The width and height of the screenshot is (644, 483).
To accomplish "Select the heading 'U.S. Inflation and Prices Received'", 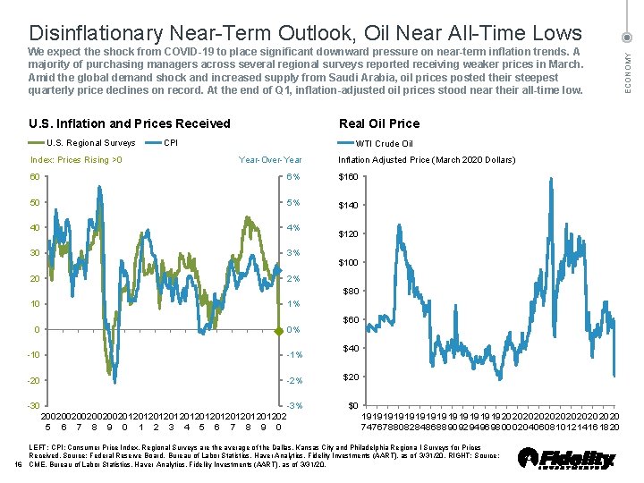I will [130, 123].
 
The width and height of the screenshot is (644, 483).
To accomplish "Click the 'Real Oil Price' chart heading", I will [378, 123].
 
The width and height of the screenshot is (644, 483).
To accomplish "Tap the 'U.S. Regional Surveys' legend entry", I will [89, 143].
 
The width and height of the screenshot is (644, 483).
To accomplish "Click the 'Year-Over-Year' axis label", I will [270, 160].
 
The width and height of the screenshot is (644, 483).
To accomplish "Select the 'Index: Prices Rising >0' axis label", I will [77, 160].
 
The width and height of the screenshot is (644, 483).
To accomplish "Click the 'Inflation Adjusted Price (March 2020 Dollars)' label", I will [426, 160].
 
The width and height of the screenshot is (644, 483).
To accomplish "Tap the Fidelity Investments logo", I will [567, 459].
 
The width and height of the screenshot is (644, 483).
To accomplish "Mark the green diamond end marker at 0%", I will [278, 330].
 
